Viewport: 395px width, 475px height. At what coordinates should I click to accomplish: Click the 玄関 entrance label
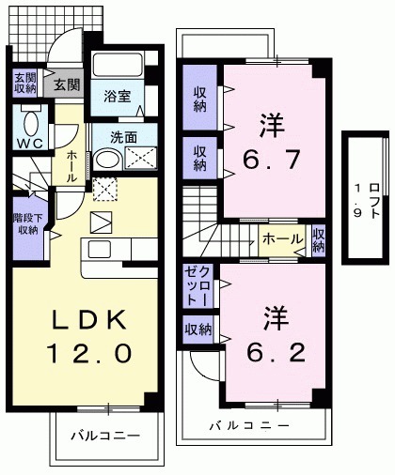point(67,84)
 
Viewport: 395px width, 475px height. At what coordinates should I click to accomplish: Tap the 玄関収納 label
point(24,84)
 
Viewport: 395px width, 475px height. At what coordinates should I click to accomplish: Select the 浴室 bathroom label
point(118,97)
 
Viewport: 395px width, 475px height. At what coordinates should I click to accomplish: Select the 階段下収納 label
point(25,222)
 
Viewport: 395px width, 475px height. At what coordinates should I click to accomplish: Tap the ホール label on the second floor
point(281,238)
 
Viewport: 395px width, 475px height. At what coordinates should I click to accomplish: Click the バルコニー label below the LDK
point(105,437)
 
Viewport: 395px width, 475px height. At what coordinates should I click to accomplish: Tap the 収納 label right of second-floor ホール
point(319,240)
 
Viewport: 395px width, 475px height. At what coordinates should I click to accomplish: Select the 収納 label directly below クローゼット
point(197,329)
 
